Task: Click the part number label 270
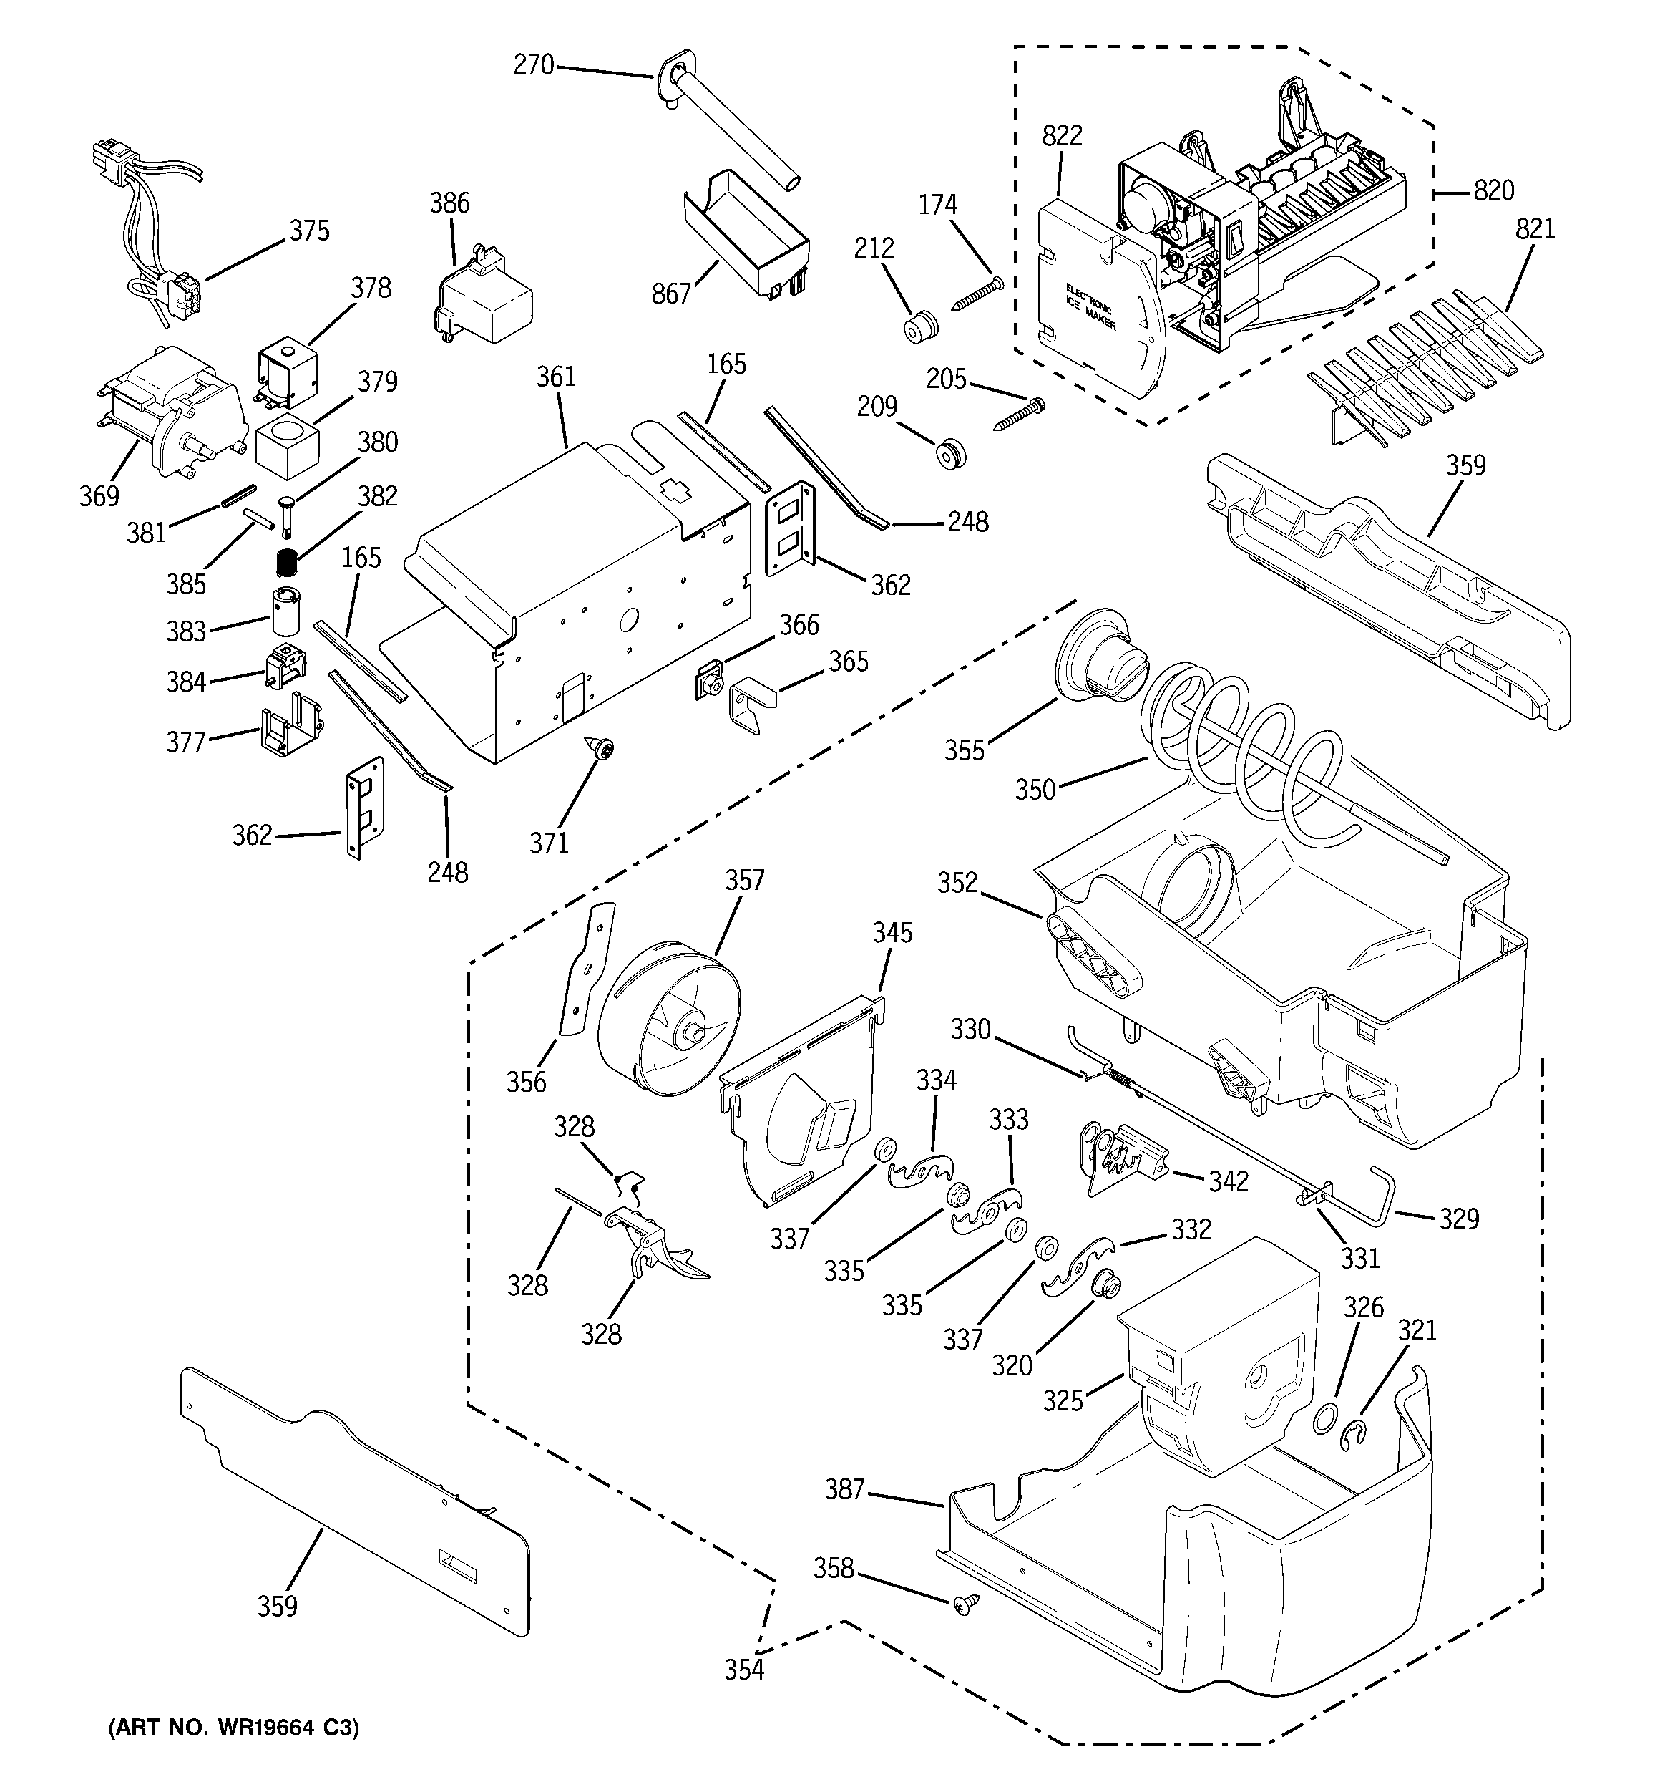coord(533,65)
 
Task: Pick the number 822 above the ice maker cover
coord(1062,135)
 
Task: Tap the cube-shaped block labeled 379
coord(286,445)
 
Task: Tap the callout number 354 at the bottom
coord(744,1670)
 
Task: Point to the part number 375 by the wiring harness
coord(309,231)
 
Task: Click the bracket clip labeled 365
coord(751,706)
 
